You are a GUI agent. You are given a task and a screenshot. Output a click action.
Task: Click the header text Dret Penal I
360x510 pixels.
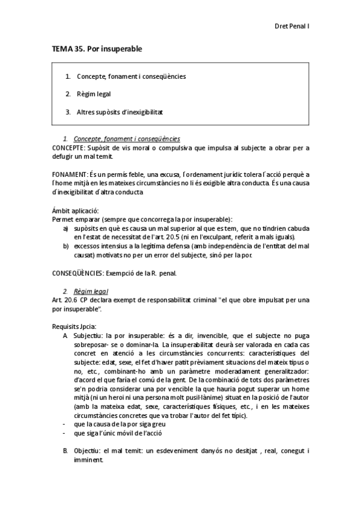(291, 26)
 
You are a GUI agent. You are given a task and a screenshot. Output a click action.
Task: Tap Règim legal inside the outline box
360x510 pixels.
(93, 94)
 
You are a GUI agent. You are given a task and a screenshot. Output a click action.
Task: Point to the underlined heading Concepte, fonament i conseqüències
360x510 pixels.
(127, 139)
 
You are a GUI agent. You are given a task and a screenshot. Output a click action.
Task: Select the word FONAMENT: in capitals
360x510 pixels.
(69, 174)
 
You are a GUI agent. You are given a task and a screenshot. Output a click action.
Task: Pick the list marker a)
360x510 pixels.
(66, 229)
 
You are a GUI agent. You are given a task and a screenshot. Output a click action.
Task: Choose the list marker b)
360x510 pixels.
(66, 247)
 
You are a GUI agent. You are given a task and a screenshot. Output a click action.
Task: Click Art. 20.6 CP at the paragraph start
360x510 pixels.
(72, 300)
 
